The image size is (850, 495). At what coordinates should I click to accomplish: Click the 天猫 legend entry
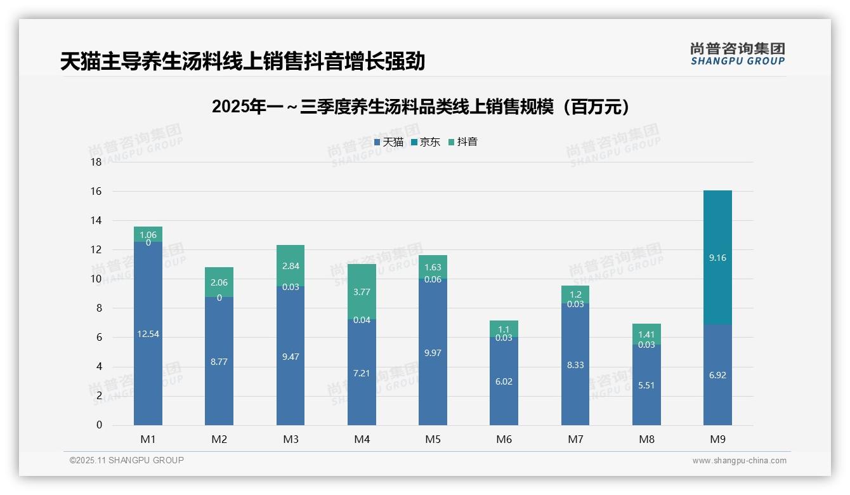pos(389,142)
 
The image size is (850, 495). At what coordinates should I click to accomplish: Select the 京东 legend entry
pos(426,142)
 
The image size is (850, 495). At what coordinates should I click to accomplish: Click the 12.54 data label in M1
pos(148,334)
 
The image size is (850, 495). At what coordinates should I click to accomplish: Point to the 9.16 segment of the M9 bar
pos(717,258)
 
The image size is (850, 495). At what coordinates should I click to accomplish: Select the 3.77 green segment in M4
pos(362,292)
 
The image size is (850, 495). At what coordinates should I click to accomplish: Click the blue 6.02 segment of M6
pos(504,381)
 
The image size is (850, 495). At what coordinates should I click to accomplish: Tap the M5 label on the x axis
pos(433,439)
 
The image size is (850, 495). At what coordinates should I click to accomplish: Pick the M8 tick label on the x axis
pos(646,439)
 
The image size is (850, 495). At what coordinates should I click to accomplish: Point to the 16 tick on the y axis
pos(96,191)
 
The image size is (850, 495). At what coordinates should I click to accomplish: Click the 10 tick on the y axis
pos(96,279)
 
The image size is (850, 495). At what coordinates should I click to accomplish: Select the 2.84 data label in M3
pos(291,266)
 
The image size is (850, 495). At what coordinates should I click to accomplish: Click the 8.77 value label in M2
pos(219,362)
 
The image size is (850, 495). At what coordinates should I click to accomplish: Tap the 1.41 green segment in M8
pos(646,334)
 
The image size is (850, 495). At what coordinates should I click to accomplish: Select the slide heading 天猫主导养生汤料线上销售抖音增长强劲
pos(242,62)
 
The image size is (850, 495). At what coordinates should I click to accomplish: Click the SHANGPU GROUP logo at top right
pos(737,54)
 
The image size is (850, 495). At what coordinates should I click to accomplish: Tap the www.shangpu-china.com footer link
pos(739,461)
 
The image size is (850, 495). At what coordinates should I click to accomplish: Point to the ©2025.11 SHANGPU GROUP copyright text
pos(127,461)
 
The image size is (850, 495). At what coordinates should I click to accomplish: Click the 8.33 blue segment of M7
pos(575,365)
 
